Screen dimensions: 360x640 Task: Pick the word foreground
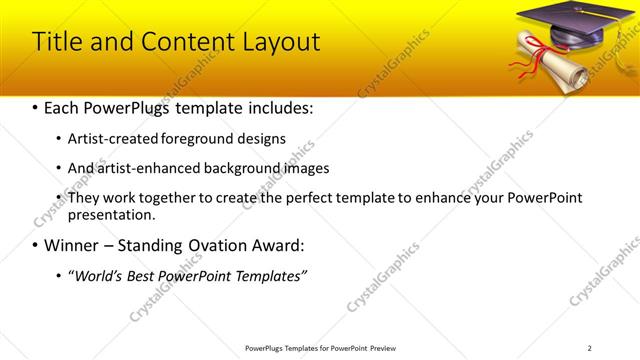click(x=197, y=139)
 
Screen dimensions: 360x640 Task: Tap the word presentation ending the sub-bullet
click(x=111, y=215)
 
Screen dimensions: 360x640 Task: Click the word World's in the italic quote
click(x=97, y=275)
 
